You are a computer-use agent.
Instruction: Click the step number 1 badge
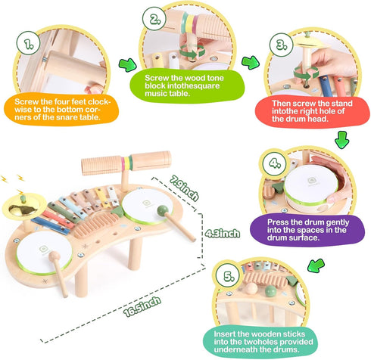29,43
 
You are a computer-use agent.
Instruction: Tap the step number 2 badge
154,18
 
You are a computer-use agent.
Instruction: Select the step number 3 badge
281,45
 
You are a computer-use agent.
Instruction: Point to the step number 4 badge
274,163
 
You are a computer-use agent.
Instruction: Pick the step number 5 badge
228,275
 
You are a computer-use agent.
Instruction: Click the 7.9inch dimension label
184,188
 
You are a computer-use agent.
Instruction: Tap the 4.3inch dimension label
222,233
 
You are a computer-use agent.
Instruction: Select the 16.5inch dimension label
142,306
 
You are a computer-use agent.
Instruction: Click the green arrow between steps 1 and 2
127,65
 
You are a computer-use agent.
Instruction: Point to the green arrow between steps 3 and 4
342,139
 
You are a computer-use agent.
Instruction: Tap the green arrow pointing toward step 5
316,265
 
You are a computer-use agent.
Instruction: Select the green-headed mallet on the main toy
176,223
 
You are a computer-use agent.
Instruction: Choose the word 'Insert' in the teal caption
224,334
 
